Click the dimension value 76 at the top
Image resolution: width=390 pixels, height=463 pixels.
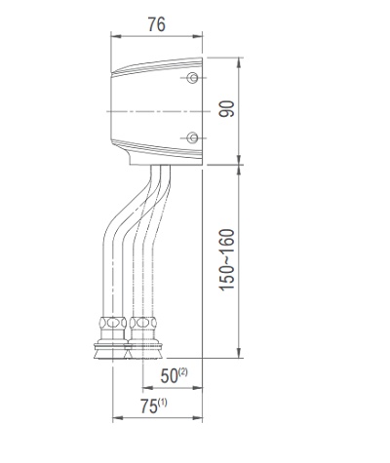[x=156, y=24]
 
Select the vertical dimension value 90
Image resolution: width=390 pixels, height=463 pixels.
[x=226, y=108]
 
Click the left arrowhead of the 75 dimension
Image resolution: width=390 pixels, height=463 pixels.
[x=117, y=419]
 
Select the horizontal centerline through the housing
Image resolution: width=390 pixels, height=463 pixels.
[x=156, y=108]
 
